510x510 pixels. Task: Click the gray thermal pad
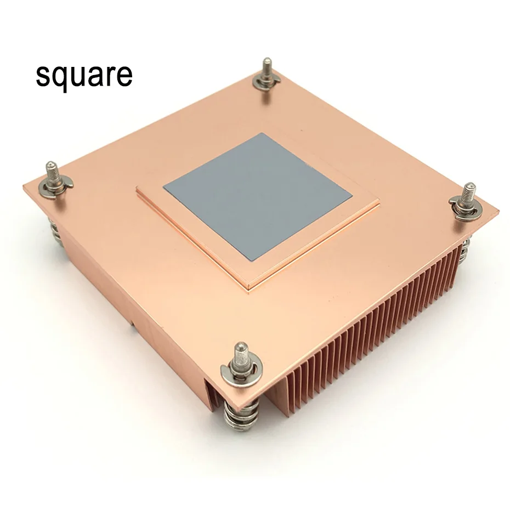pyautogui.click(x=257, y=195)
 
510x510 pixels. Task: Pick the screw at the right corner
pyautogui.click(x=468, y=197)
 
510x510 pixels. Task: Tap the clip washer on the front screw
pyautogui.click(x=240, y=373)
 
